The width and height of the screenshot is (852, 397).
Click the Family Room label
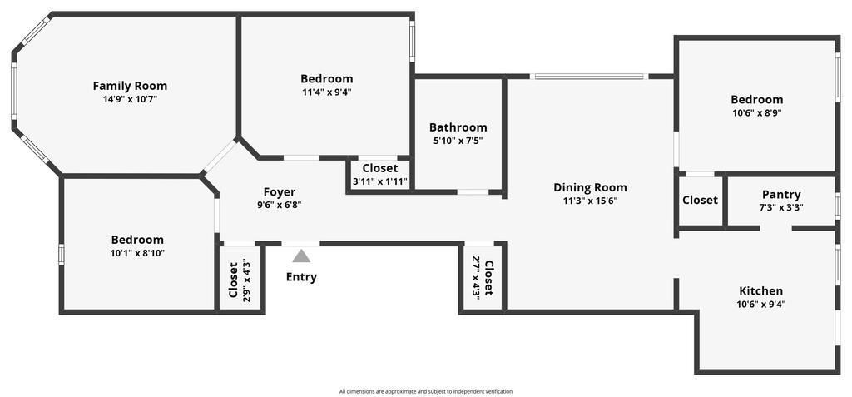[x=130, y=86]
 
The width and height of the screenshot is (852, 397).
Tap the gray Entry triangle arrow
[x=301, y=256]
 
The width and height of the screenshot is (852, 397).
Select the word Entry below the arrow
[x=301, y=277]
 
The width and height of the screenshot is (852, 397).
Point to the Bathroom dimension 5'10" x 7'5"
[x=458, y=141]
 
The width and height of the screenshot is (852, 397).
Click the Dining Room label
[x=590, y=187]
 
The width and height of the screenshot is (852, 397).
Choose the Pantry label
[x=781, y=195]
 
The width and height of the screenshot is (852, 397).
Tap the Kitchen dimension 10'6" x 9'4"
[x=760, y=305]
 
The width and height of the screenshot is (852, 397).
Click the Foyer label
[x=280, y=192]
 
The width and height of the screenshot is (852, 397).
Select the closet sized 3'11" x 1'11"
[x=379, y=175]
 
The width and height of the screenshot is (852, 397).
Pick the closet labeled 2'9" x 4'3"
[x=240, y=279]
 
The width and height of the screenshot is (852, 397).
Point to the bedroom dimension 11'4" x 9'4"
[x=327, y=92]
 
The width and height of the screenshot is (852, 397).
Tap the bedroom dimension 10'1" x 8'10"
[x=137, y=253]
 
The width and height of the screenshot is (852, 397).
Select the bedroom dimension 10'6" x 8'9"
[x=757, y=113]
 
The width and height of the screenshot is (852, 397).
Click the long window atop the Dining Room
[x=590, y=77]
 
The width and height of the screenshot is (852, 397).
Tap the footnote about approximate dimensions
[x=426, y=391]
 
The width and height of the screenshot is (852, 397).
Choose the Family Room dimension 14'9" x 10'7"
[x=130, y=100]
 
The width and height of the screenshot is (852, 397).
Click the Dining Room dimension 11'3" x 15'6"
[x=590, y=201]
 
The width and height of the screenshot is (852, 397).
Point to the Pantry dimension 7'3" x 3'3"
[x=781, y=207]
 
